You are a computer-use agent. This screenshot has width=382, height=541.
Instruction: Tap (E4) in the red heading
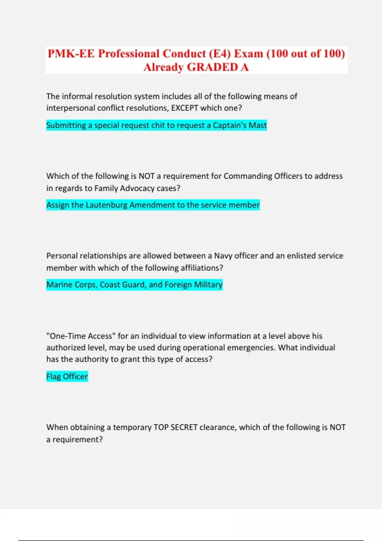(220, 53)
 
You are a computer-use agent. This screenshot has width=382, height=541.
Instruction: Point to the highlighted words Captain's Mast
(240, 125)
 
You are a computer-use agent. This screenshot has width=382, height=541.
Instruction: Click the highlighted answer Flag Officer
(67, 376)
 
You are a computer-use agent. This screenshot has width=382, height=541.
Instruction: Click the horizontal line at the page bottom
(191, 540)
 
